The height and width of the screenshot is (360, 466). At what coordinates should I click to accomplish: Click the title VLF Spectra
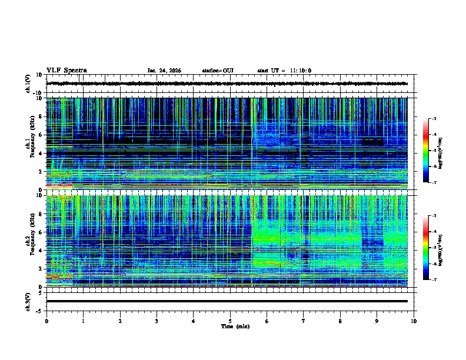point(66,71)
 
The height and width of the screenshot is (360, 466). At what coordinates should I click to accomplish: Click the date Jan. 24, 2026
point(164,71)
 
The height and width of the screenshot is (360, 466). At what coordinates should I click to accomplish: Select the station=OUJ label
point(218,71)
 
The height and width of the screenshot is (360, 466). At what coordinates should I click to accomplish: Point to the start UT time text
point(284,71)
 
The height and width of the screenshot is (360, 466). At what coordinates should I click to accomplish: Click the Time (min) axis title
point(230,326)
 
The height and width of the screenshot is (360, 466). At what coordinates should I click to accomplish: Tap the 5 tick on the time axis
point(230,321)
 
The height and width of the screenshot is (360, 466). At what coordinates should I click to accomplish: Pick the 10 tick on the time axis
point(414,321)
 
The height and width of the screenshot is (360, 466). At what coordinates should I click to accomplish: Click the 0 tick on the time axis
point(46,321)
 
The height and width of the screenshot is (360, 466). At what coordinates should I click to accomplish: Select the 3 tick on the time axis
point(157,321)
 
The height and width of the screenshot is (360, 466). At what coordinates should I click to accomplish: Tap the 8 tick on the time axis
point(340,321)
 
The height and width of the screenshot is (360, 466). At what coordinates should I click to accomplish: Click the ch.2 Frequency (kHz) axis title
point(29,241)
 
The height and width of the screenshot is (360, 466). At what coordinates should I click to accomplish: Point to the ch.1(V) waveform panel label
point(29,84)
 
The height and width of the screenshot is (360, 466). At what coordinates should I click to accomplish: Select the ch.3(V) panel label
point(29,301)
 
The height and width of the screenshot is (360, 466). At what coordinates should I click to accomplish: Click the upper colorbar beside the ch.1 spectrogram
point(432,151)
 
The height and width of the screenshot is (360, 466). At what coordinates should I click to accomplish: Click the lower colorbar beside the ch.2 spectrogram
point(432,248)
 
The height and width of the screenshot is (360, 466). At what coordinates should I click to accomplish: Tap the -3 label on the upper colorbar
point(442,119)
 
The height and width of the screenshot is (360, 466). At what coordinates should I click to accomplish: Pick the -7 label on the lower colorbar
point(442,280)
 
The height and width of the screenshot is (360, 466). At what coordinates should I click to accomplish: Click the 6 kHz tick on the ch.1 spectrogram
point(41,135)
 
